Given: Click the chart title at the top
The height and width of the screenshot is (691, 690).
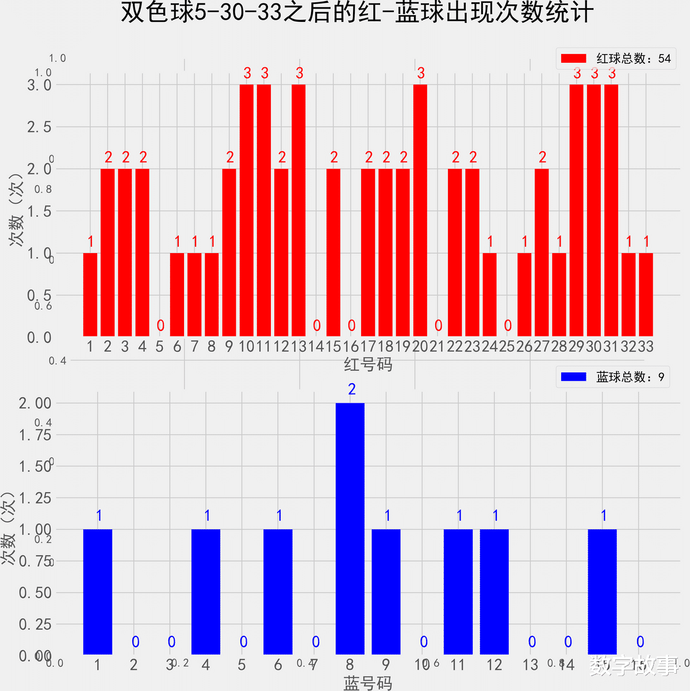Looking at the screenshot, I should point(356,13).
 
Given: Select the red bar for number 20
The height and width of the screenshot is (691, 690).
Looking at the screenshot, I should point(420,210).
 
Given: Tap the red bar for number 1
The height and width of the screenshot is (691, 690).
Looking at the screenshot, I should point(90,295).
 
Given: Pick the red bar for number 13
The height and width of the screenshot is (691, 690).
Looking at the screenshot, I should point(298,210).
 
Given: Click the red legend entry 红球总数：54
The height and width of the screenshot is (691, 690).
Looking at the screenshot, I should point(615,59).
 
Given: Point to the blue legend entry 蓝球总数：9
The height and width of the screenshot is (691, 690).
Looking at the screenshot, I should point(613,377).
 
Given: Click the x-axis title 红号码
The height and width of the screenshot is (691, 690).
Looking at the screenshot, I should point(368,364).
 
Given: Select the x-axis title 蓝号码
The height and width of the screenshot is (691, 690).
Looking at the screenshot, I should point(368,683).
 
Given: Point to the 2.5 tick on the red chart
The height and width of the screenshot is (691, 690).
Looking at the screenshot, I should point(39,127).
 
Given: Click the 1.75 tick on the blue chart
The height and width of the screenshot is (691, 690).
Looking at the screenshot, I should point(36,435).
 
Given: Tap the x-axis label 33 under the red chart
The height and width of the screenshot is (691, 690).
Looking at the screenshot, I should point(646,346).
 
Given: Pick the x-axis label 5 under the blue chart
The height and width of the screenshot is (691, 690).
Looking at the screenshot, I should point(242,665).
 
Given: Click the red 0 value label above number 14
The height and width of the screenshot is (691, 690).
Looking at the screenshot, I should point(317,326).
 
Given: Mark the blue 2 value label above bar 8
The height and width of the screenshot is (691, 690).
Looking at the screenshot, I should point(352,390).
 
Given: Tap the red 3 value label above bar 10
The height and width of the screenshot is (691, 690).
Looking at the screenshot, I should point(247,73).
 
